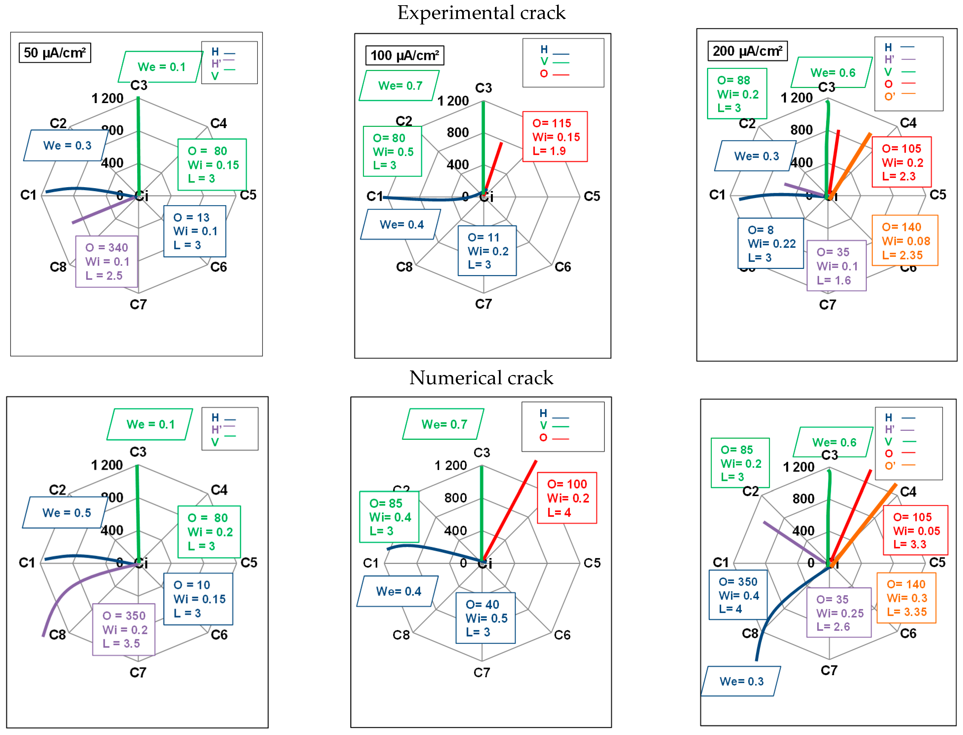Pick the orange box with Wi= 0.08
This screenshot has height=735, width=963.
(904, 241)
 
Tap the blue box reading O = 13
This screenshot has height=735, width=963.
(195, 231)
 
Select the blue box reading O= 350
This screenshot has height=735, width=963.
(738, 595)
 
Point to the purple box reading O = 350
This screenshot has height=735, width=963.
(124, 630)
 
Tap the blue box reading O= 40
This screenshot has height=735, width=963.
(485, 618)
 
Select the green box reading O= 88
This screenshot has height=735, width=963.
(737, 94)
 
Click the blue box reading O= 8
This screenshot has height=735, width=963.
(770, 243)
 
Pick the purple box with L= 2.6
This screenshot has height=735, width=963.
(838, 612)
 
